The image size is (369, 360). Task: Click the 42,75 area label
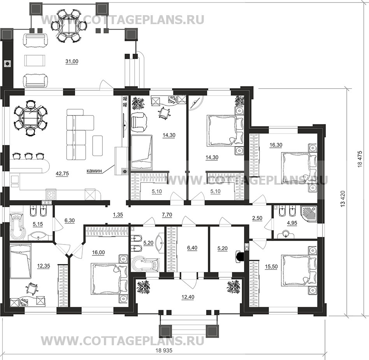pos(62,174)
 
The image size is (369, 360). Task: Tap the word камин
pos(94,171)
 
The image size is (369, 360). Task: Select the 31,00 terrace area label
pos(72,61)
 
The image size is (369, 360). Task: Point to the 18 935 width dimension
pos(164,351)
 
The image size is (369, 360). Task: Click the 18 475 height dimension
pos(360,159)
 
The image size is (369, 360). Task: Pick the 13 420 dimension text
pos(343,199)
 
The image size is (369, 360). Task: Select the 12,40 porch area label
pos(188,297)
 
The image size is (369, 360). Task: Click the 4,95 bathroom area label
pos(292,223)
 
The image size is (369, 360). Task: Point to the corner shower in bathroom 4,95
pos(309,214)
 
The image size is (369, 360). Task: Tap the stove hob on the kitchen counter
pos(51,194)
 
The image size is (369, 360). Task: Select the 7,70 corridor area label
pos(167,215)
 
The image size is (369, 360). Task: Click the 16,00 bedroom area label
pos(98,253)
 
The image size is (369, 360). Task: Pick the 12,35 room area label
pos(44,266)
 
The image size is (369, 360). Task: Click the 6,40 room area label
pos(192,248)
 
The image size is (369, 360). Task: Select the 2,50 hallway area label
pos(257,218)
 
